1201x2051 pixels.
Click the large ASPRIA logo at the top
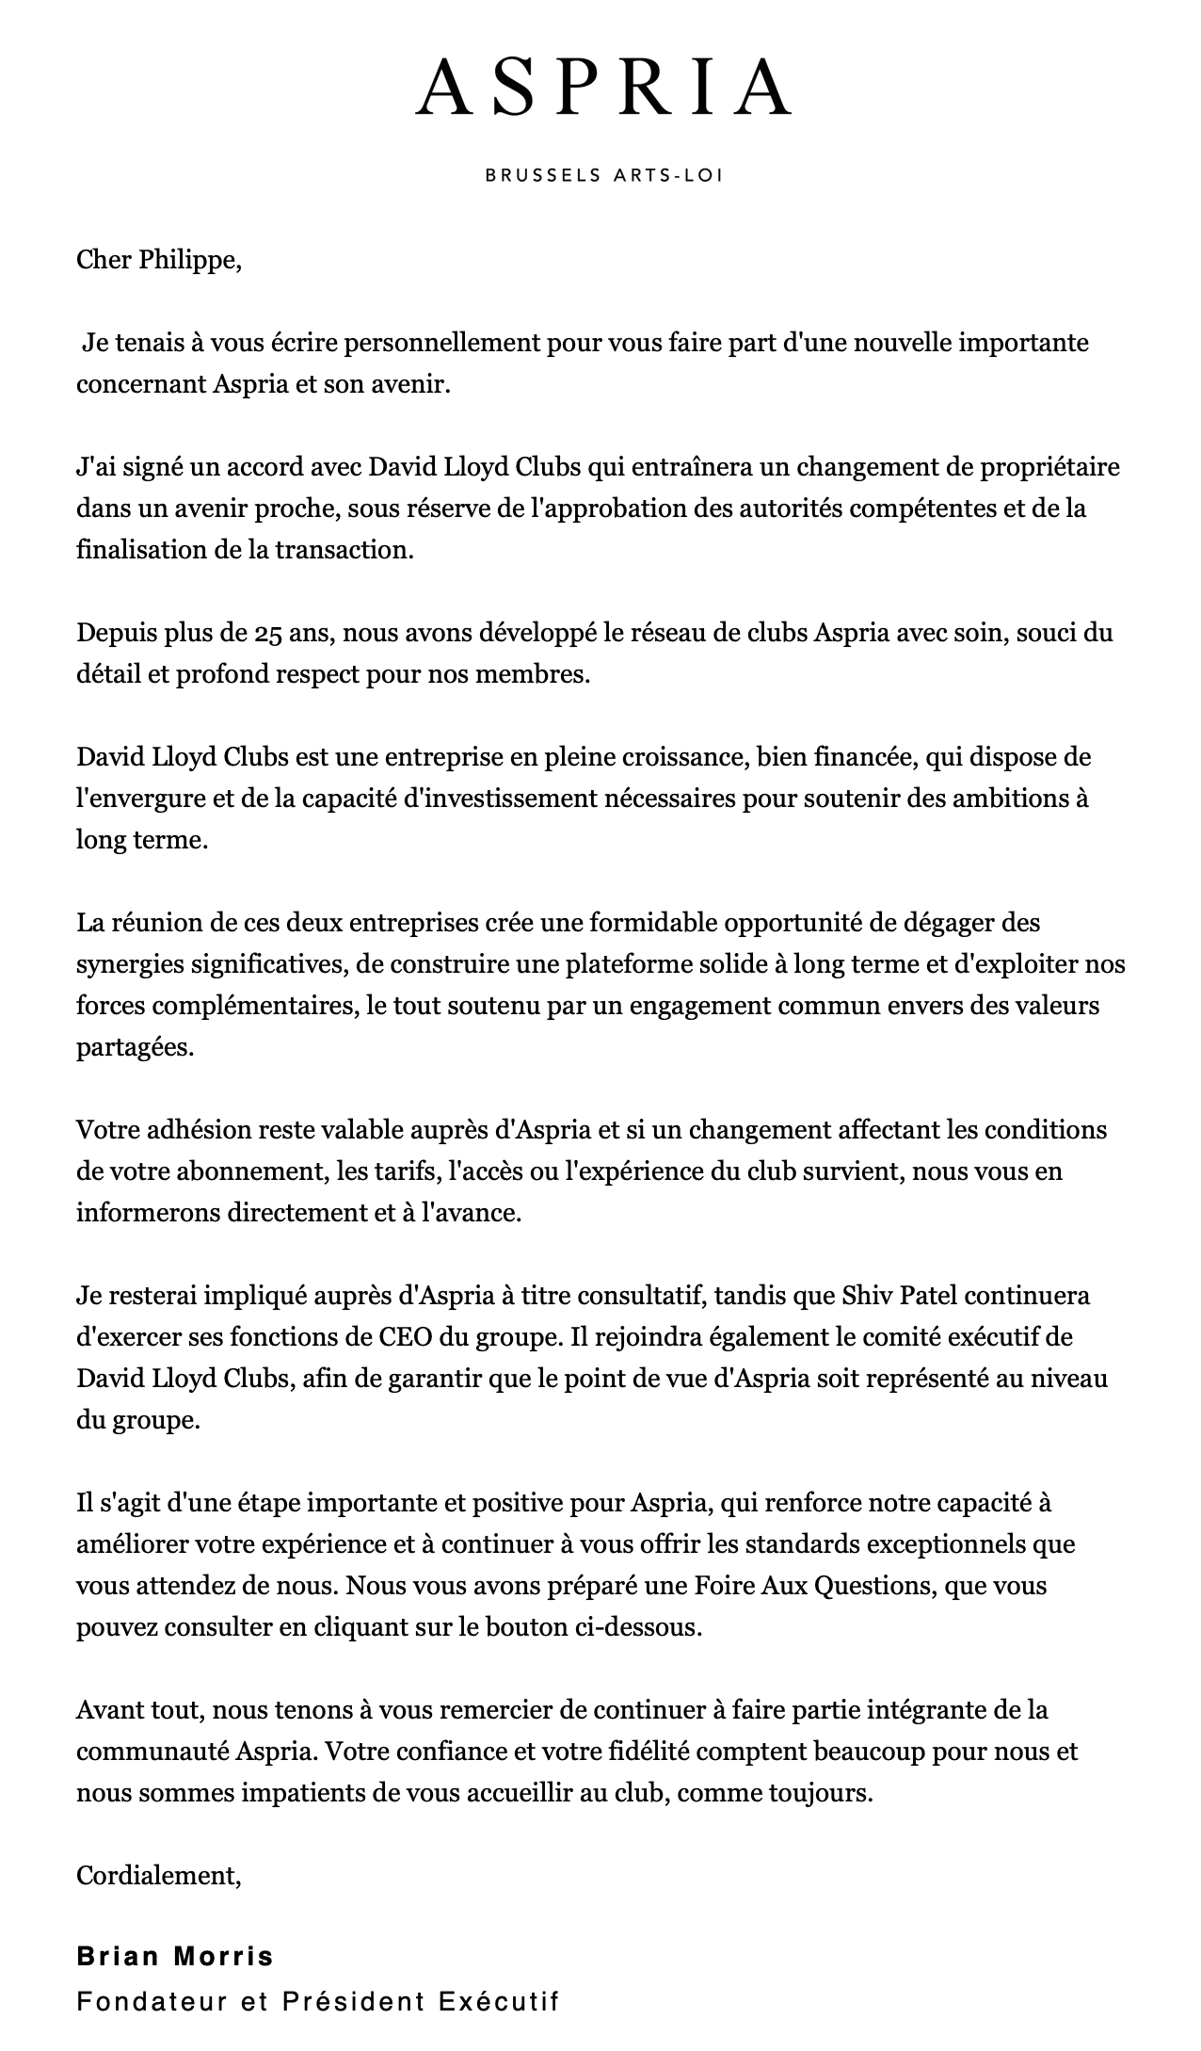(x=603, y=87)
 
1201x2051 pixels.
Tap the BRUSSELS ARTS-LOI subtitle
(x=603, y=175)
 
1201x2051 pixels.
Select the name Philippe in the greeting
(x=189, y=260)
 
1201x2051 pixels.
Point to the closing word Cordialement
(x=158, y=1875)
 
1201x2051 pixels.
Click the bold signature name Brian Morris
(x=175, y=1956)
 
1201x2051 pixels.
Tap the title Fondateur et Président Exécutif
(x=318, y=2000)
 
